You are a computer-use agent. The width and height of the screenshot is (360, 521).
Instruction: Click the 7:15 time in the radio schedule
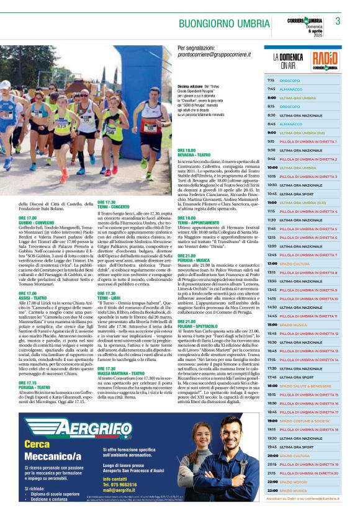[271, 81]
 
